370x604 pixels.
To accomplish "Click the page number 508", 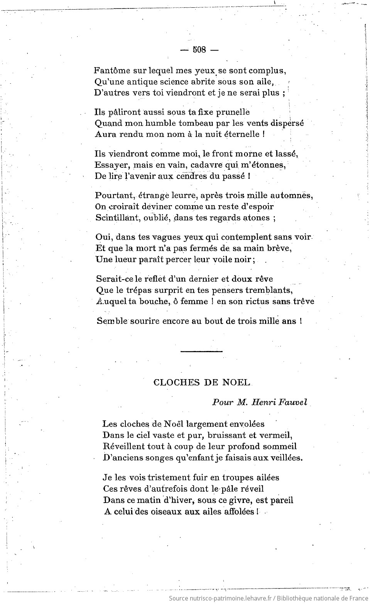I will [200, 50].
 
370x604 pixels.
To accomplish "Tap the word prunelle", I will [233, 112].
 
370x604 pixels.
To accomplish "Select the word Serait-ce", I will [115, 278].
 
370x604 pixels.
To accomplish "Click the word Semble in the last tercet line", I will [112, 321].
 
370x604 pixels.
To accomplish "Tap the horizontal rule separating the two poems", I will [201, 351].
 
